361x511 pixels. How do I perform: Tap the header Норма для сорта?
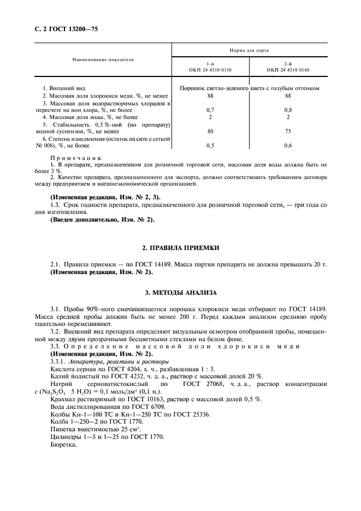coord(249,50)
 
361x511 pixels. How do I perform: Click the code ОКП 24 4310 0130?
coord(210,70)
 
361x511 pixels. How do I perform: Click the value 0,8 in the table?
coord(287,110)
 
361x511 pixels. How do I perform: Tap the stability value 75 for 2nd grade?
coord(287,131)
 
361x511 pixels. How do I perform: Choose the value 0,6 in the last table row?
coord(287,145)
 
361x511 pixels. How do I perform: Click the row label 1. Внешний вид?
coord(64,88)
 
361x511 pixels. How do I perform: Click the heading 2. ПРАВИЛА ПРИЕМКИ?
coord(180,248)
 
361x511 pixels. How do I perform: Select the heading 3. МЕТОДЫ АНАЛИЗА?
coord(180,293)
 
